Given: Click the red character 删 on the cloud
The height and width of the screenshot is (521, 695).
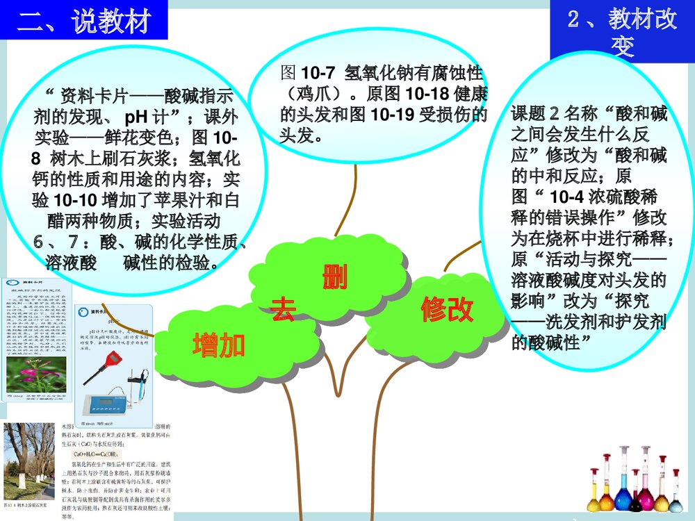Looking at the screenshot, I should [334, 277].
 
